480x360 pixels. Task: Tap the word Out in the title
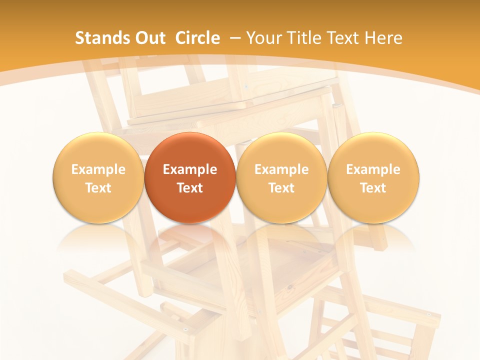(149, 38)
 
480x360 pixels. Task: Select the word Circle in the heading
(197, 38)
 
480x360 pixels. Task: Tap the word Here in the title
(383, 38)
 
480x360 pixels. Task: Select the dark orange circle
(190, 178)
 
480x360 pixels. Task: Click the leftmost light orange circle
(98, 178)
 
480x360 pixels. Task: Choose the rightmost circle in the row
(373, 178)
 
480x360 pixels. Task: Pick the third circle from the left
(281, 178)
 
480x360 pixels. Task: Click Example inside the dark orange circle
(190, 169)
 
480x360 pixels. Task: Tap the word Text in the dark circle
(190, 188)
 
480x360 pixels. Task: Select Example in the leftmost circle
(98, 169)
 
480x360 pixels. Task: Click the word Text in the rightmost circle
(373, 188)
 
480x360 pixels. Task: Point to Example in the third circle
(281, 169)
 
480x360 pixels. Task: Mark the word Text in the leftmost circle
(98, 188)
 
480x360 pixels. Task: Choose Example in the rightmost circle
(373, 169)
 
